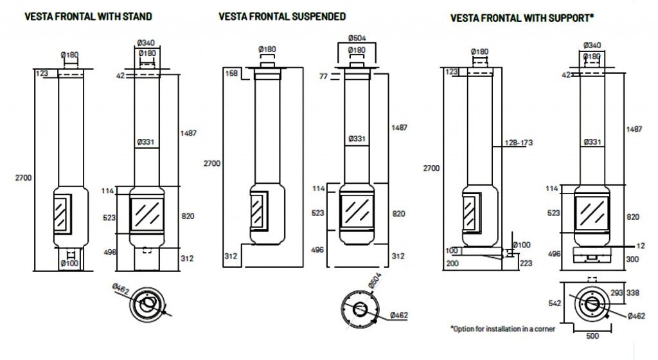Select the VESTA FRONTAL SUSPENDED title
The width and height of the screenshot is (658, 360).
(281, 16)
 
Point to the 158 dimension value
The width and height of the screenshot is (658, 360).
(232, 73)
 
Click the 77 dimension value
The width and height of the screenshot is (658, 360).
(324, 76)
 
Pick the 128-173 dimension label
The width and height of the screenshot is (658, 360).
(520, 142)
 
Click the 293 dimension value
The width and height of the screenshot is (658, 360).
(618, 293)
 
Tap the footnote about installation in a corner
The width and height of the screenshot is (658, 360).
(502, 328)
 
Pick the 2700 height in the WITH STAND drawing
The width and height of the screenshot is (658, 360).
(24, 177)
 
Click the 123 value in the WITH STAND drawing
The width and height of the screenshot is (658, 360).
(42, 74)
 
